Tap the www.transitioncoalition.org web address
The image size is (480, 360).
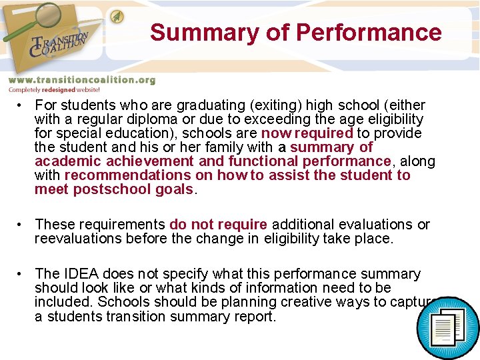[81, 80]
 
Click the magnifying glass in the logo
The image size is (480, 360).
[34, 19]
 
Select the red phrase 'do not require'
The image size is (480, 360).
[218, 225]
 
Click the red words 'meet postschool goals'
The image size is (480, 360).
[114, 189]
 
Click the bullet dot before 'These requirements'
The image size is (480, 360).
[22, 225]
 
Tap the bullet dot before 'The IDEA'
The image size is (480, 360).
[22, 274]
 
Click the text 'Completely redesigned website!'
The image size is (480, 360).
[54, 89]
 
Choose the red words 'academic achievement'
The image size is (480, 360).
[115, 161]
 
